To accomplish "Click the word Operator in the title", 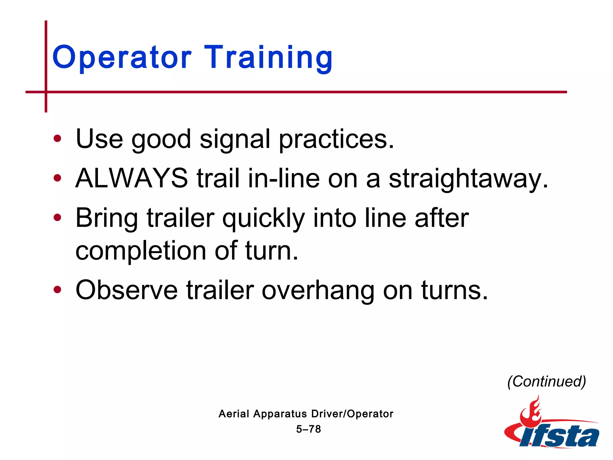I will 122,57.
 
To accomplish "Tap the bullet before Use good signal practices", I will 57,139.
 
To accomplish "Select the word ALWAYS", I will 132,178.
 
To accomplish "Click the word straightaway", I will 468,179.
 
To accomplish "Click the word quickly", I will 263,218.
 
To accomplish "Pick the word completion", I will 141,251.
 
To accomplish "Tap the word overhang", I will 318,290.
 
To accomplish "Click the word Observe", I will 127,290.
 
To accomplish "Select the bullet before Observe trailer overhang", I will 57,290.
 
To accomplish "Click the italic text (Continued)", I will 547,382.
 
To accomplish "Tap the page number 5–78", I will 308,429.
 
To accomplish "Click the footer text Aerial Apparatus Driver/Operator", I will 306,414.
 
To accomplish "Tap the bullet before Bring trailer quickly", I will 57,217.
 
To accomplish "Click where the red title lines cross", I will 46,92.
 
